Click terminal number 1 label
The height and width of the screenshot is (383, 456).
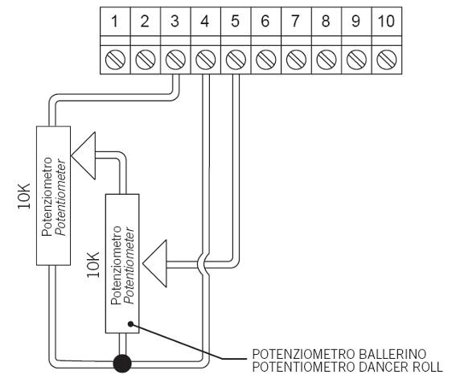[x=115, y=21]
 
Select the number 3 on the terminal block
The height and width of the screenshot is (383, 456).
[x=175, y=21]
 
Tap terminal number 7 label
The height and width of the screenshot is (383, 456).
[x=295, y=21]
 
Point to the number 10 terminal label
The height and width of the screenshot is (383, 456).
[x=386, y=21]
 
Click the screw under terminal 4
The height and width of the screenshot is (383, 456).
[x=206, y=60]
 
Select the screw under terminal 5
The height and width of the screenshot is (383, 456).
[x=236, y=60]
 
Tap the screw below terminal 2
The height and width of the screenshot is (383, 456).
[x=146, y=60]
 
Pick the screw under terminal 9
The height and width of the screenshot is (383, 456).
[x=356, y=60]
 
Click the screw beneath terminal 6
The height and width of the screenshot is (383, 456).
[x=266, y=60]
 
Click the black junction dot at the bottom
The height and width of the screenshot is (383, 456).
[x=122, y=363]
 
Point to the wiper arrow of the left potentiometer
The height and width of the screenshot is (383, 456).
[x=84, y=156]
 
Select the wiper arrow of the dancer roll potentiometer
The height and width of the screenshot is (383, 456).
[x=155, y=263]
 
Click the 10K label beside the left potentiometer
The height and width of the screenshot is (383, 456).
[x=24, y=196]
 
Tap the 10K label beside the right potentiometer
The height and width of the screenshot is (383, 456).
[x=93, y=265]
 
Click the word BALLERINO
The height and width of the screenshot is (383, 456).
[x=392, y=354]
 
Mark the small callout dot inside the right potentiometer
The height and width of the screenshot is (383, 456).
[x=130, y=323]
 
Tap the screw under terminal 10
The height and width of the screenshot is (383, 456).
[x=387, y=60]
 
